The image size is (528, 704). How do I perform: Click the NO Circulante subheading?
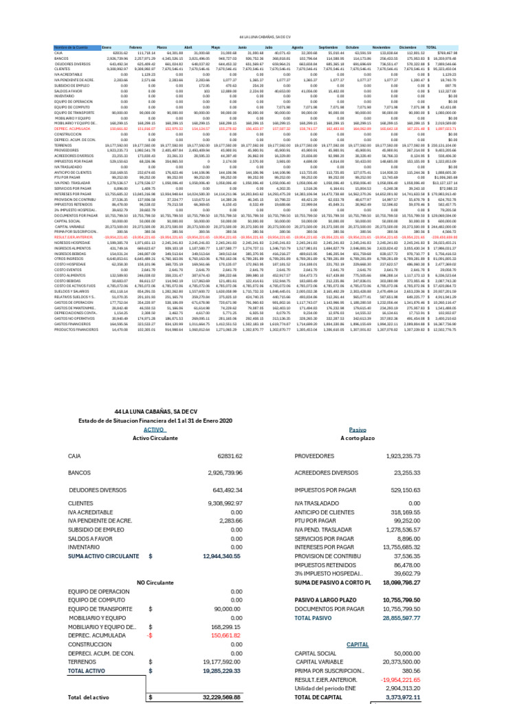(x=155, y=582)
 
